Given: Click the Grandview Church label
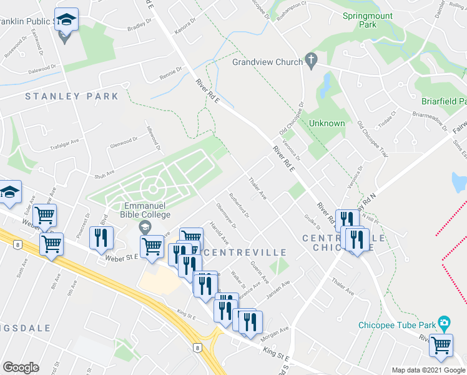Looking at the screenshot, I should [x=267, y=62].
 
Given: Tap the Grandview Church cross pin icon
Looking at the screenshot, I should [x=311, y=61].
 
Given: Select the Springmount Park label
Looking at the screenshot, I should [x=368, y=20].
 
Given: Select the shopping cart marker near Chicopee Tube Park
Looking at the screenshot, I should [x=441, y=346].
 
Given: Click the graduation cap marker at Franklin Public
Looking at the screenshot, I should [x=66, y=21].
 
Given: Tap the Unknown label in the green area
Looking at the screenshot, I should [x=327, y=123].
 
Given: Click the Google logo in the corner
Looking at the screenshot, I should [x=21, y=367].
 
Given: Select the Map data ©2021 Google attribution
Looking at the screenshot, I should [x=428, y=370].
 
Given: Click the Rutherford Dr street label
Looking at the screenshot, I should [x=239, y=205].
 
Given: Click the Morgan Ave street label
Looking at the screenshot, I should [x=275, y=332].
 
